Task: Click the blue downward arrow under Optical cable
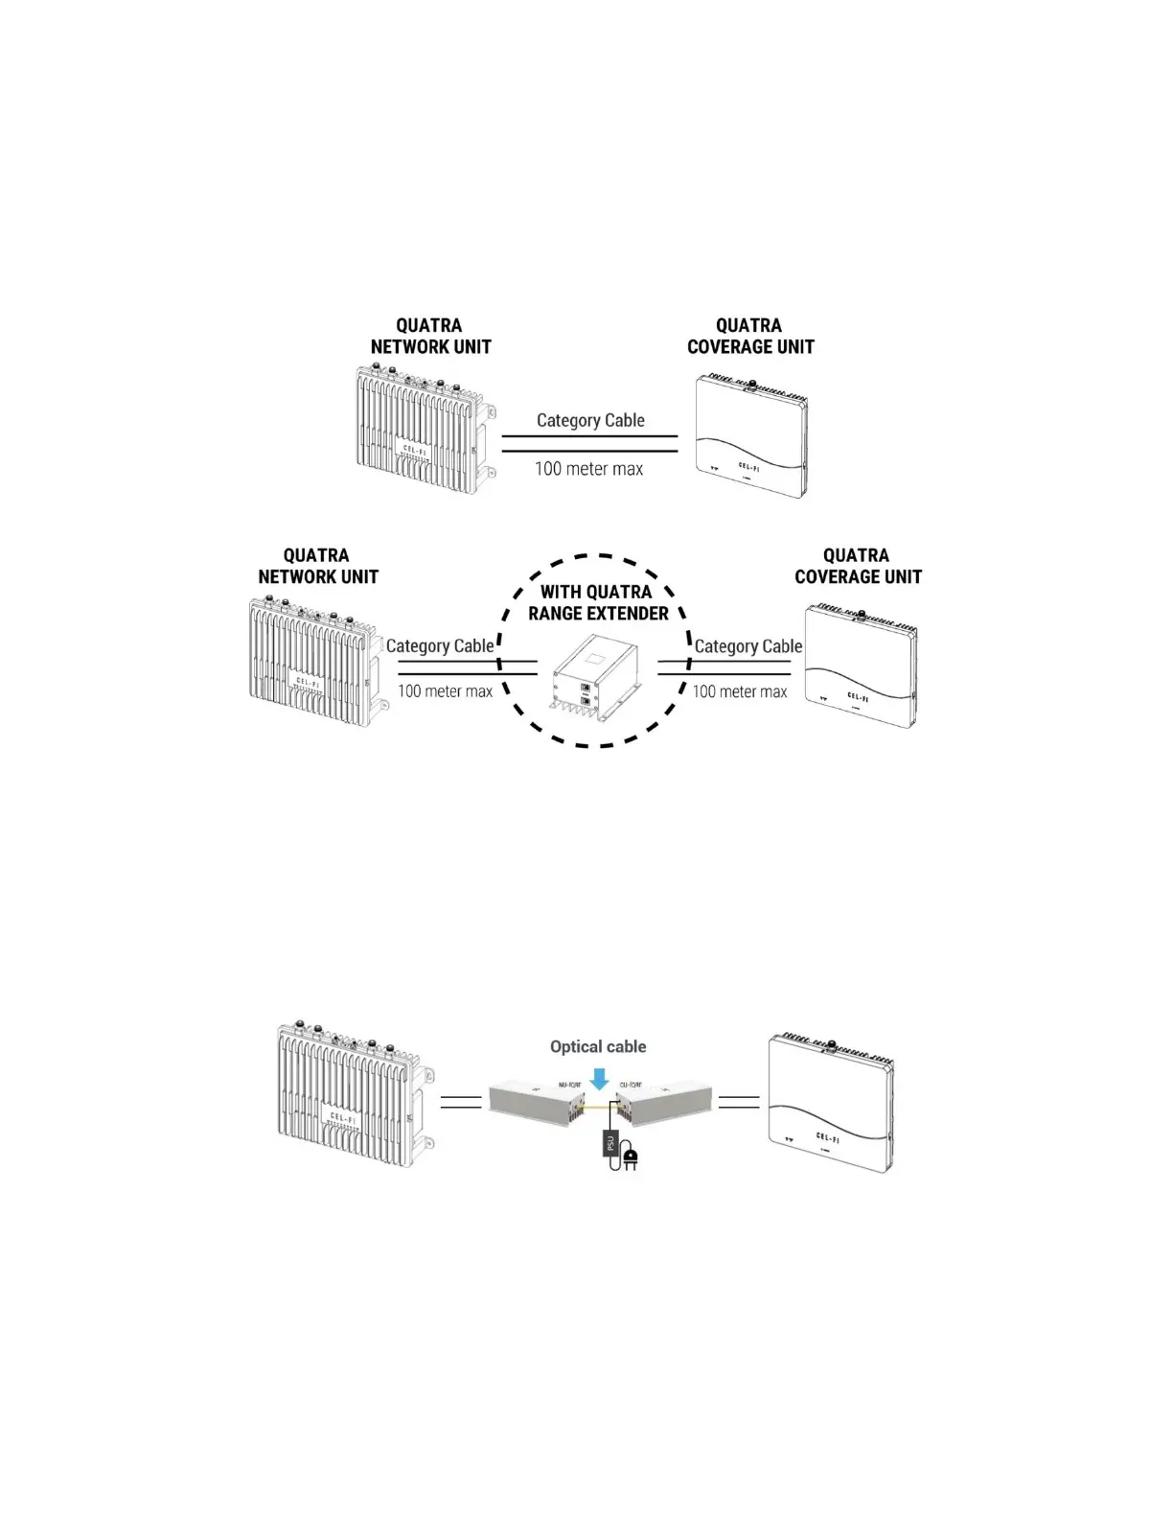pyautogui.click(x=599, y=1080)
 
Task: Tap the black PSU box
pyautogui.click(x=608, y=1143)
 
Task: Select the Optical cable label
pyautogui.click(x=598, y=1046)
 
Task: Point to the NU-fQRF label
pyautogui.click(x=569, y=1085)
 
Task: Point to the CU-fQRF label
pyautogui.click(x=630, y=1085)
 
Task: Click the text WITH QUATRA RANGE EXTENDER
pyautogui.click(x=598, y=602)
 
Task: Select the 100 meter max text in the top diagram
pyautogui.click(x=588, y=469)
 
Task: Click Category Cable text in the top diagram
pyautogui.click(x=590, y=420)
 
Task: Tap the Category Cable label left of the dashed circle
pyautogui.click(x=440, y=645)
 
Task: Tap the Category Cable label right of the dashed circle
pyautogui.click(x=747, y=645)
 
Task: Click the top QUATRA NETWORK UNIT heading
pyautogui.click(x=430, y=336)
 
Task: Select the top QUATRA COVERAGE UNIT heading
pyautogui.click(x=750, y=336)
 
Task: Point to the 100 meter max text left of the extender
pyautogui.click(x=445, y=691)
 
